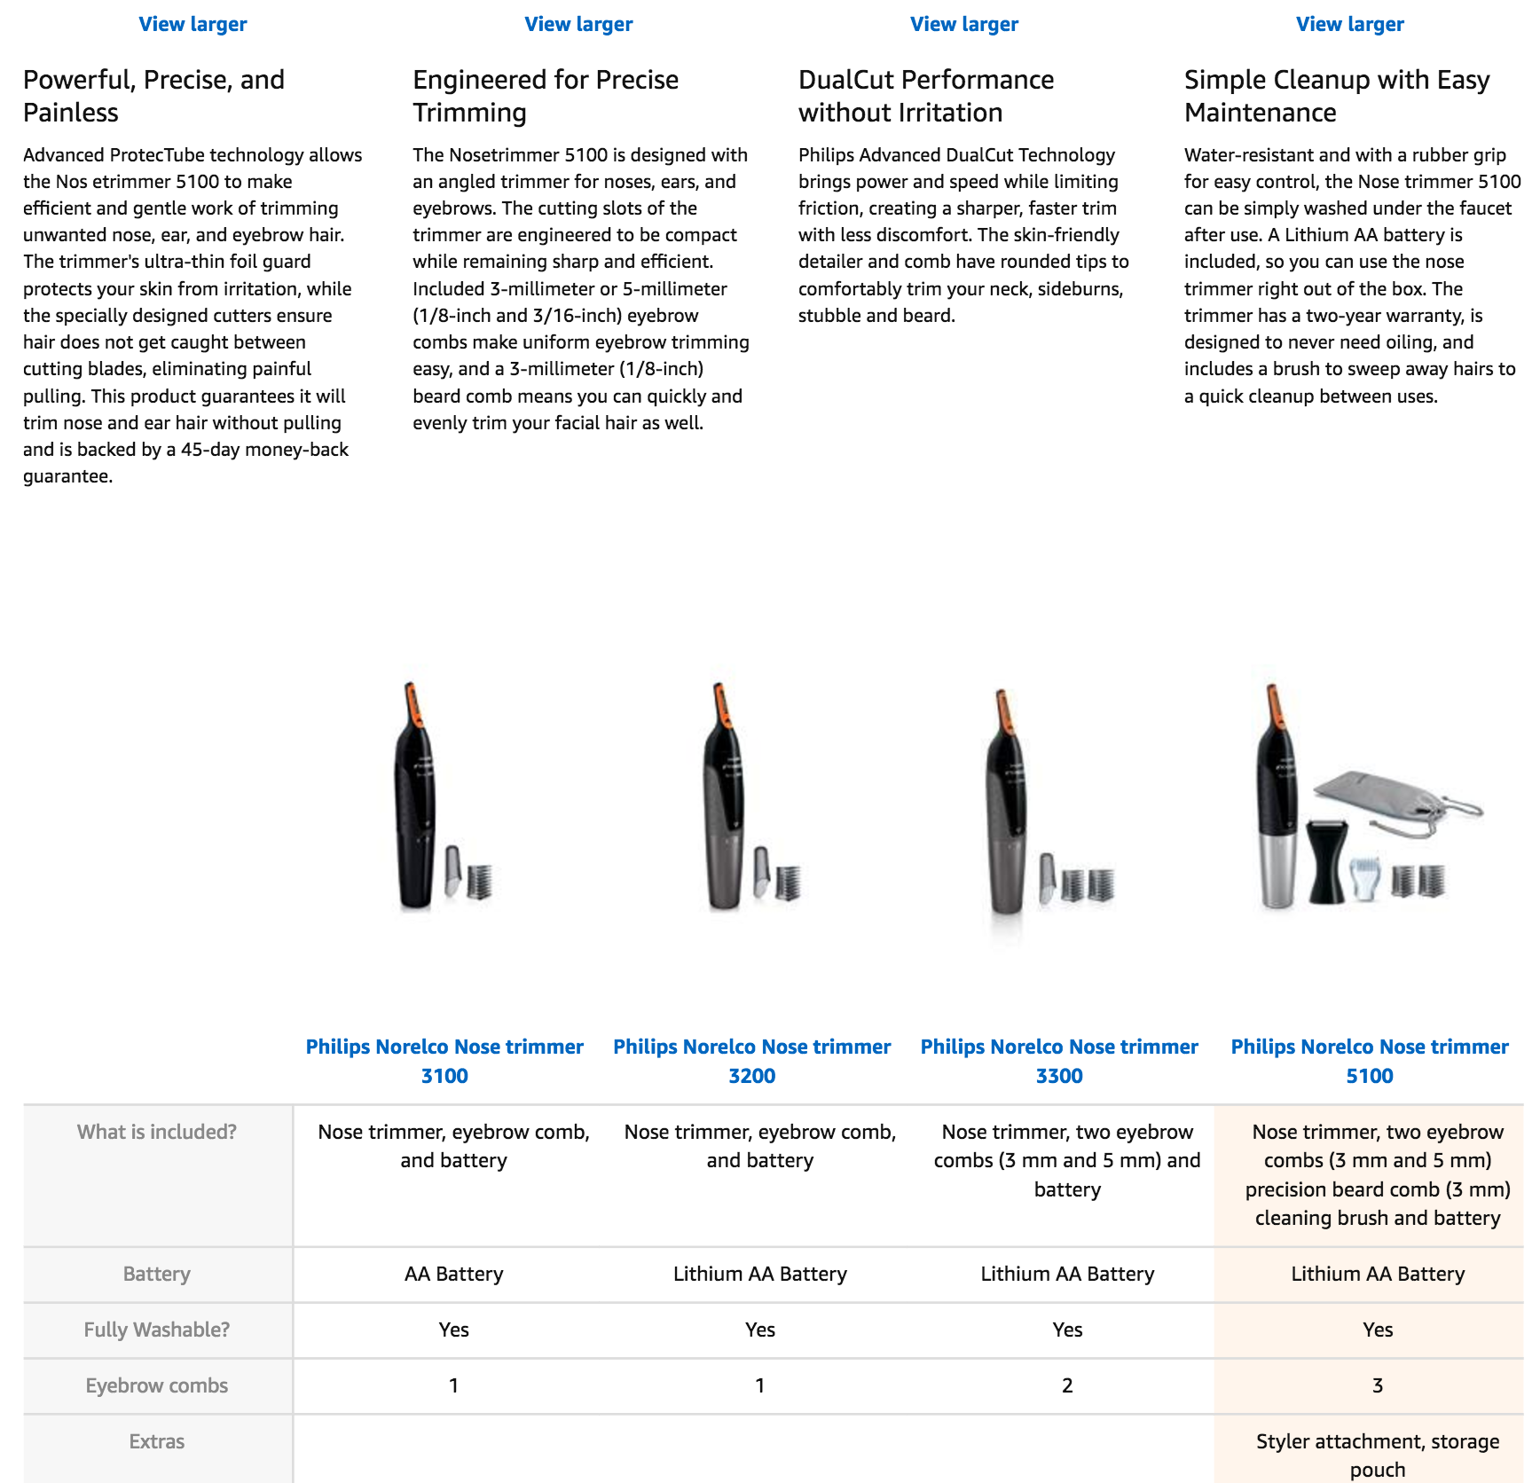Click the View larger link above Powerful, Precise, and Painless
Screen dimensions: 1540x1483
point(192,24)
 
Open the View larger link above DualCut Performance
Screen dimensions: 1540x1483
point(964,24)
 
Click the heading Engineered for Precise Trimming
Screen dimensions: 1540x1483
point(546,96)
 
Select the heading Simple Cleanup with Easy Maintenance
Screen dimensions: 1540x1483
point(1337,96)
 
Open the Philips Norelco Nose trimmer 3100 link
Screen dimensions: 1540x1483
point(444,1061)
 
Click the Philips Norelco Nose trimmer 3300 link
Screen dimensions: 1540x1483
point(1059,1061)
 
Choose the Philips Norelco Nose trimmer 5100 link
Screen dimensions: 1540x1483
point(1370,1061)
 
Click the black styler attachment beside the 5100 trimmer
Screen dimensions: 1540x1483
point(1327,860)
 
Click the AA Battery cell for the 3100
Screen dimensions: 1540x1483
point(453,1274)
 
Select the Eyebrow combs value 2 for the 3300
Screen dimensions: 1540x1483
point(1067,1385)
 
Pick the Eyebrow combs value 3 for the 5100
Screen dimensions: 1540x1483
point(1378,1385)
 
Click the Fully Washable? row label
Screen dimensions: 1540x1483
point(157,1330)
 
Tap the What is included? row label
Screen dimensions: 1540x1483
point(157,1132)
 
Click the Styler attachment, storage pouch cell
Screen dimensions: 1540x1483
point(1378,1456)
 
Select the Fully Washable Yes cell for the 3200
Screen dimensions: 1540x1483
point(760,1330)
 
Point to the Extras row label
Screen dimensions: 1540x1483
point(157,1441)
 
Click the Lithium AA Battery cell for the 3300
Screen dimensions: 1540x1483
point(1067,1274)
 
